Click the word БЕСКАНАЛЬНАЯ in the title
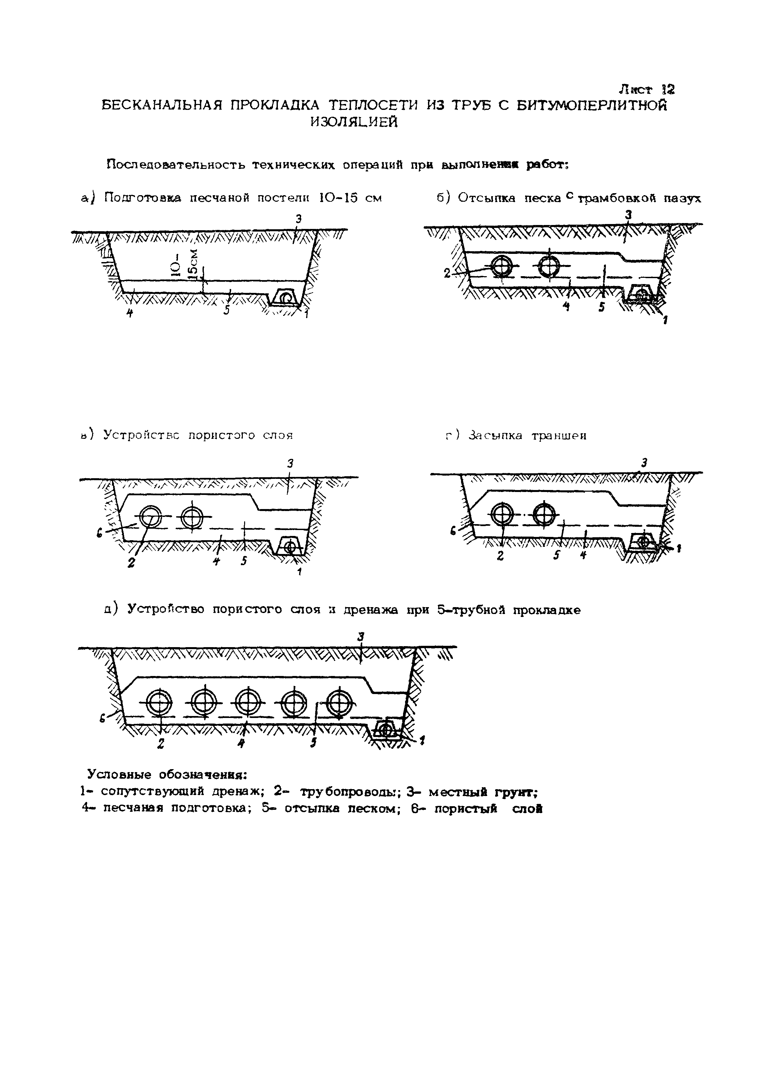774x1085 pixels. click(x=162, y=105)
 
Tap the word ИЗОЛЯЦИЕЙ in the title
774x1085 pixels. click(x=354, y=122)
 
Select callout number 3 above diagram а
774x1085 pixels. click(x=298, y=219)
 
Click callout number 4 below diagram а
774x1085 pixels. click(x=129, y=313)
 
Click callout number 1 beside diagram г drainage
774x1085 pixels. click(x=678, y=549)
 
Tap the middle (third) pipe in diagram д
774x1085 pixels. click(x=248, y=703)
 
